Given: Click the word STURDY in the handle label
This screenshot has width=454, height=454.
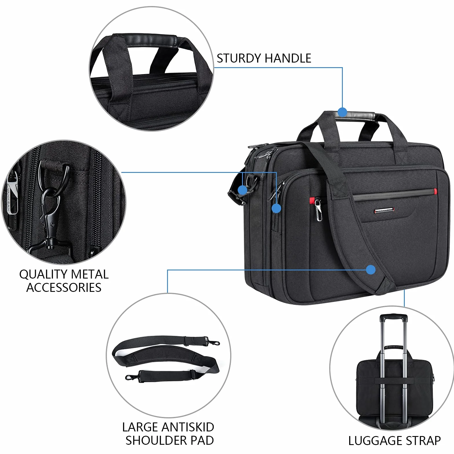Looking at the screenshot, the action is click(239, 58).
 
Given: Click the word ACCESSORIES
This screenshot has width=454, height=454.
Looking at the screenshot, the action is click(64, 288).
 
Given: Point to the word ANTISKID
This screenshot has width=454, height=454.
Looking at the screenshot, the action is click(188, 427).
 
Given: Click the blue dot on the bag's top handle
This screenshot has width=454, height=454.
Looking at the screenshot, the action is click(342, 112).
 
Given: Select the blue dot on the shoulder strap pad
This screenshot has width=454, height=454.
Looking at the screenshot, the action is click(371, 270).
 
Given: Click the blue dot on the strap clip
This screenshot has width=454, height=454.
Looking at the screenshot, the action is click(243, 190).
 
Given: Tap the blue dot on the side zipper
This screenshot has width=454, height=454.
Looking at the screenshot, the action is click(277, 208).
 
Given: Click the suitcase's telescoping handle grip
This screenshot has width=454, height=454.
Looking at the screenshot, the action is click(393, 318).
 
